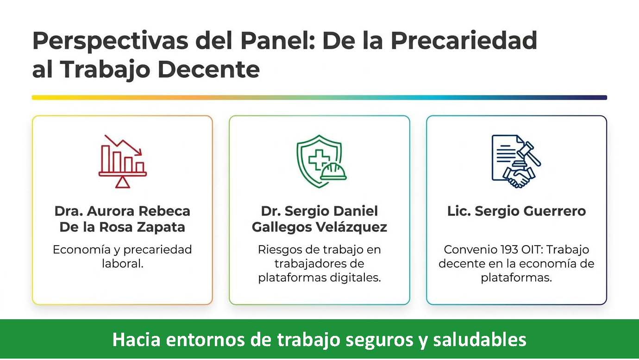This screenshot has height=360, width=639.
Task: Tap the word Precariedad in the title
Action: tap(464, 40)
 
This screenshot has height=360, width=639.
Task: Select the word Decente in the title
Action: tap(208, 69)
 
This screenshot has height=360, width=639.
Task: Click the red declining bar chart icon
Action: tap(122, 161)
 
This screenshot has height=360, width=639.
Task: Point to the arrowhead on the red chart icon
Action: tap(139, 152)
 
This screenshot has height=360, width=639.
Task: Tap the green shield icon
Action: tap(319, 161)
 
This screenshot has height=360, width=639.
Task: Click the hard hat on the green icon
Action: tap(333, 171)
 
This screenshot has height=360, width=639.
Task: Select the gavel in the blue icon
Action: tap(528, 154)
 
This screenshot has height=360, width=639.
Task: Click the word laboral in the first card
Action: tap(123, 264)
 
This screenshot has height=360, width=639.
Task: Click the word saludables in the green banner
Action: tap(480, 340)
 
